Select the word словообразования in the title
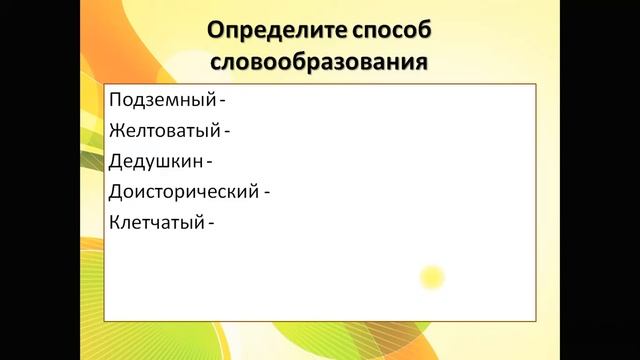click(321, 62)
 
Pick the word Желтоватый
click(162, 130)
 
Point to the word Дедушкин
click(154, 160)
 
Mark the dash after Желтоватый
click(227, 130)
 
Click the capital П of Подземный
click(114, 100)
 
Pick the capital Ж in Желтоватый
click(115, 130)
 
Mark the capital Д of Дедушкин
click(114, 160)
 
